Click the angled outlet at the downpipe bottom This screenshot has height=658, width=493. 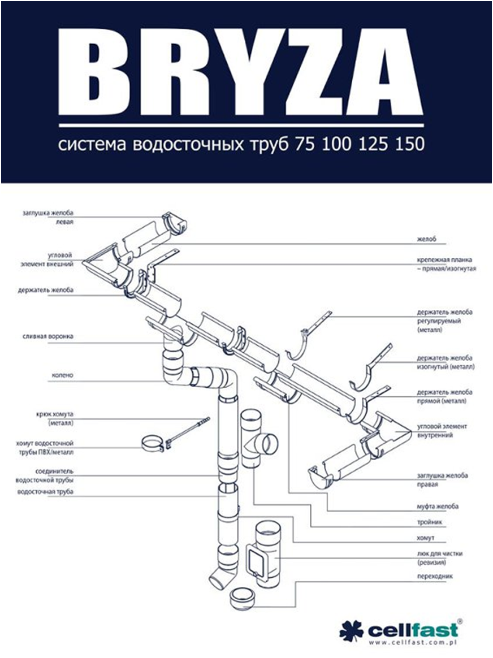coord(218,578)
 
